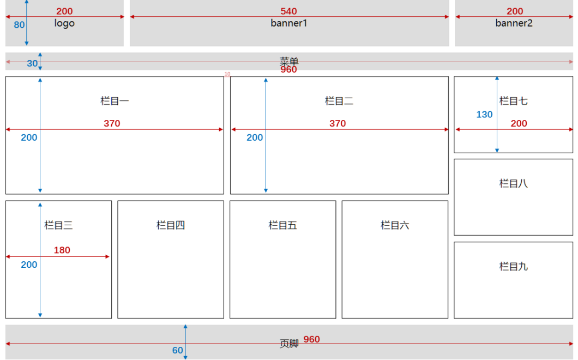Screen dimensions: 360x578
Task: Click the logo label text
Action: (x=64, y=23)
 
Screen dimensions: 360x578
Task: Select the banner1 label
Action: (x=289, y=23)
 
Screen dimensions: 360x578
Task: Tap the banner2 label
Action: (x=514, y=23)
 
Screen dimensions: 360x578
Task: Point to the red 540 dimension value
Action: (x=289, y=11)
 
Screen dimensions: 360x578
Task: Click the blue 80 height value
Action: (x=20, y=25)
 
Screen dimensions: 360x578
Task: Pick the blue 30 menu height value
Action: (x=33, y=64)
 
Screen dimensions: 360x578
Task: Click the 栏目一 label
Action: (x=115, y=101)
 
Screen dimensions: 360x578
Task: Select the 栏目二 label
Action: (x=339, y=101)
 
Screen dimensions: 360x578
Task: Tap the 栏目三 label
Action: (x=58, y=225)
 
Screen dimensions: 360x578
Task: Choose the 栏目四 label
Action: (x=171, y=225)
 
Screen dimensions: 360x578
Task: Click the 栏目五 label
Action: (x=282, y=225)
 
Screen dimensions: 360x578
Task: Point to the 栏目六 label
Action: (x=395, y=225)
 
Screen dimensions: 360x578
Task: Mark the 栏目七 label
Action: (x=514, y=101)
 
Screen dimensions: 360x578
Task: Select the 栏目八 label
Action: (x=514, y=183)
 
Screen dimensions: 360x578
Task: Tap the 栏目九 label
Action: (x=514, y=266)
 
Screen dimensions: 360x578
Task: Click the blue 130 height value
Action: (x=484, y=115)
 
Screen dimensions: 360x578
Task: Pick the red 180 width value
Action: (x=62, y=250)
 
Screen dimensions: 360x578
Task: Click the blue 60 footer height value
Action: (x=178, y=351)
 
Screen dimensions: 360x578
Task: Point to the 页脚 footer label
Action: (x=289, y=344)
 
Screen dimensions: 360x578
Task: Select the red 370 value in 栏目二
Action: (x=338, y=124)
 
